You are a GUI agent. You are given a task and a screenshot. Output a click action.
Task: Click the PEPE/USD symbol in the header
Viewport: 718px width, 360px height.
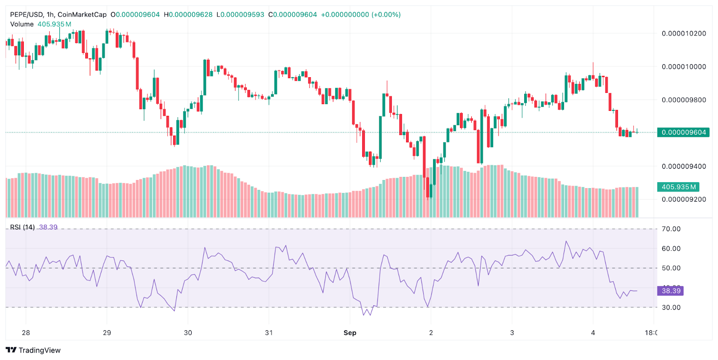tap(26, 14)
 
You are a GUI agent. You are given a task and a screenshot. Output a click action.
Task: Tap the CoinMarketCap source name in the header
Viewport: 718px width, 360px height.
tap(82, 14)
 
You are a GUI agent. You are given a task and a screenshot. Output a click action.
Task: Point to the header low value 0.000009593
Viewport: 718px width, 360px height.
tap(243, 14)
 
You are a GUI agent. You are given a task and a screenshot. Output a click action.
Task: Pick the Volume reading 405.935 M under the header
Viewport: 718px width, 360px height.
tap(54, 24)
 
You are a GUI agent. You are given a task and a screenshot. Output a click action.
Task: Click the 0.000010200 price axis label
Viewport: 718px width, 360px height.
tap(683, 33)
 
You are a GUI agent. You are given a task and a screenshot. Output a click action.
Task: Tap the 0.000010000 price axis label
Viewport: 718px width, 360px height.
tap(683, 66)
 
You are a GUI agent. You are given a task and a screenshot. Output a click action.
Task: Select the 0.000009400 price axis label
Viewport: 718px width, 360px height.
tap(683, 166)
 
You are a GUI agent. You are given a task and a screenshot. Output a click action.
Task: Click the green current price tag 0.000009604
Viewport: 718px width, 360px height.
tap(683, 132)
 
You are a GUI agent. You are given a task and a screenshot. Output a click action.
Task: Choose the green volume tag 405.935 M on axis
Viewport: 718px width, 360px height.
tap(679, 187)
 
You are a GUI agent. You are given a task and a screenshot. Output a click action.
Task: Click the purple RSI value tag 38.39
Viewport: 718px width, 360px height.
tap(671, 291)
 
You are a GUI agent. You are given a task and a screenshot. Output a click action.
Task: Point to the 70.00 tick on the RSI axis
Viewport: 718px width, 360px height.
tap(671, 229)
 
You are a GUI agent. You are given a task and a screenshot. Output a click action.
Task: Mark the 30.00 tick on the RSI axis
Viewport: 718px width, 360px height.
tap(671, 307)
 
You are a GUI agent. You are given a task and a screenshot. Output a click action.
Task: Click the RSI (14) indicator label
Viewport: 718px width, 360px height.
tap(22, 227)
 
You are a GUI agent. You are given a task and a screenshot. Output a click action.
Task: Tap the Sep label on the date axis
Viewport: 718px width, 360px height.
tap(350, 333)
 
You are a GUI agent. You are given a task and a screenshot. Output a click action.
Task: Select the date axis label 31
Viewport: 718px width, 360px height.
tap(269, 333)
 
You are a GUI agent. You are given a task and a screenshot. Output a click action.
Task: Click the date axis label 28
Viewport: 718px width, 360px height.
tap(26, 333)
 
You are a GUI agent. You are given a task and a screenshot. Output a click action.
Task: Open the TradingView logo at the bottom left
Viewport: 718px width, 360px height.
tap(33, 350)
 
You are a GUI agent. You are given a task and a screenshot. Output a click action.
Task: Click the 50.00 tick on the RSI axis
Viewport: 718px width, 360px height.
tap(671, 268)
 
